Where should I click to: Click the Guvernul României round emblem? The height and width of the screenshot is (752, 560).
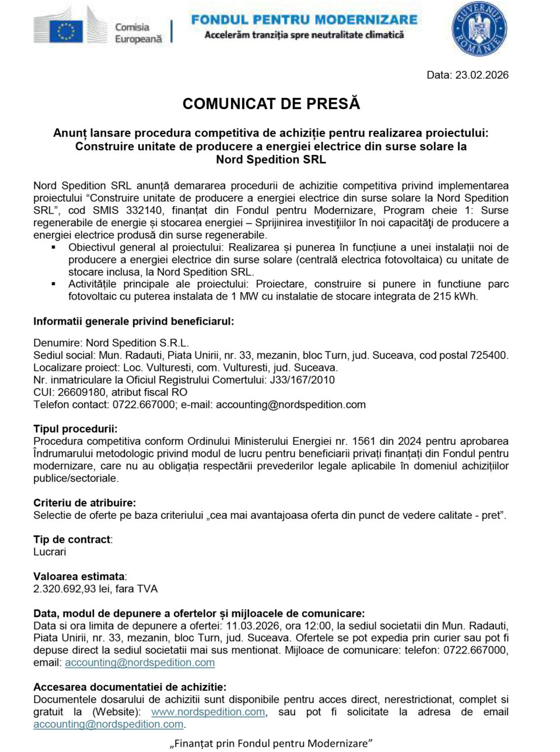click(479, 29)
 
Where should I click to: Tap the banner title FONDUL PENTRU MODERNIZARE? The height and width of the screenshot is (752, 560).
click(304, 19)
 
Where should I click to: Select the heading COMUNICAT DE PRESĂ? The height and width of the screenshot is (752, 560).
click(271, 104)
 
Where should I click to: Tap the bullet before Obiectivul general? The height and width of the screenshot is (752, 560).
click(54, 247)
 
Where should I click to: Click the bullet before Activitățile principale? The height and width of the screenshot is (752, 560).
click(54, 284)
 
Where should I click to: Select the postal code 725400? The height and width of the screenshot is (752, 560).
click(485, 355)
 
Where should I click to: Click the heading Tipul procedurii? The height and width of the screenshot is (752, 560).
click(75, 428)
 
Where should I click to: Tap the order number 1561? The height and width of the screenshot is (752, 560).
click(363, 441)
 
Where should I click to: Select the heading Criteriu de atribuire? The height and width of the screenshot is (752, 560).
click(84, 502)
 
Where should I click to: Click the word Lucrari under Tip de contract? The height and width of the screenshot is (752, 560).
click(50, 551)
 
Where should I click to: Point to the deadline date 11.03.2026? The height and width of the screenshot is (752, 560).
click(249, 626)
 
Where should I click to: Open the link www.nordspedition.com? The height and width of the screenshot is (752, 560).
click(208, 712)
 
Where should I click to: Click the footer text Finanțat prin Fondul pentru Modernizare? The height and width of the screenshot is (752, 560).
click(271, 743)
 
